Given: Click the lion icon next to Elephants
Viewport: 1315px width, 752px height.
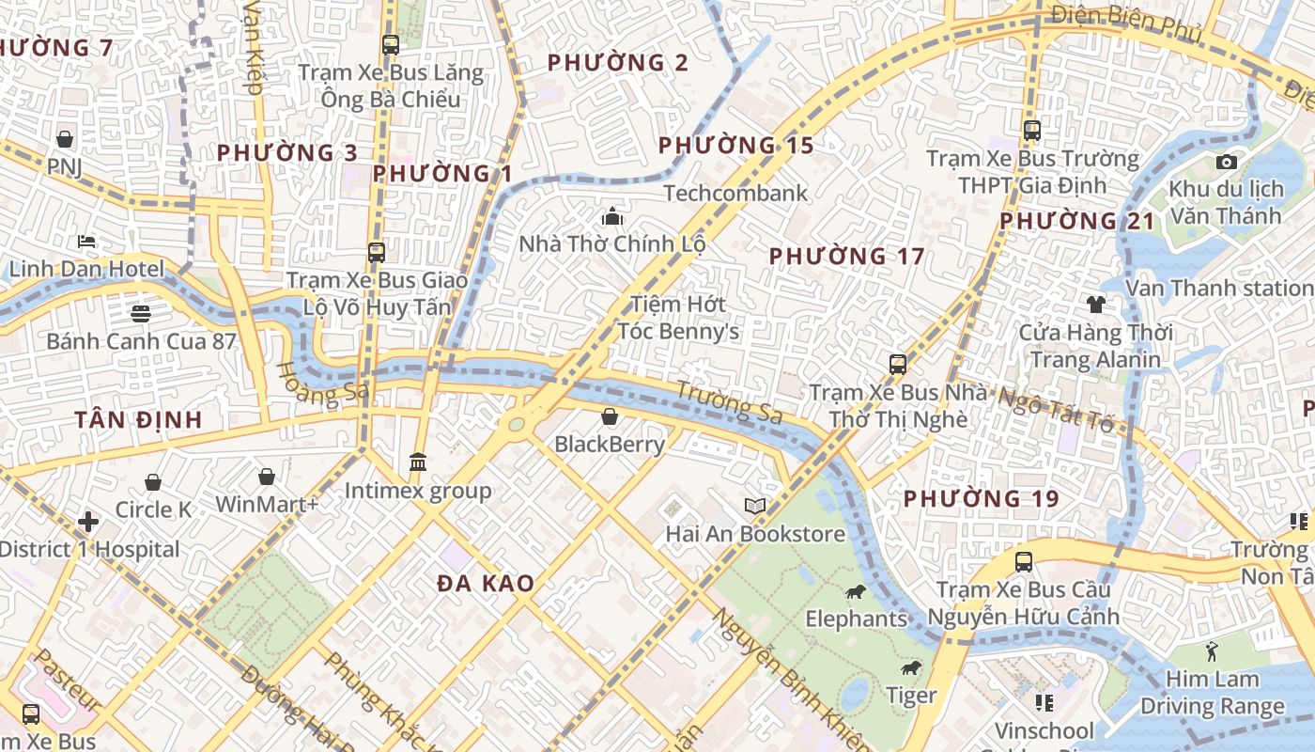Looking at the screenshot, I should tap(855, 591).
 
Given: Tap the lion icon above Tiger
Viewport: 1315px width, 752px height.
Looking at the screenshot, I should tap(910, 668).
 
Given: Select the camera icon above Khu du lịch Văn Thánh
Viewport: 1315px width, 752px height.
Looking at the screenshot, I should tap(1226, 162).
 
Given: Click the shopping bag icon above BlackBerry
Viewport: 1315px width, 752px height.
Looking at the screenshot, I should tap(610, 416).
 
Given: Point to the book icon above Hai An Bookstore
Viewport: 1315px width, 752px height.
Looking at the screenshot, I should tap(755, 507).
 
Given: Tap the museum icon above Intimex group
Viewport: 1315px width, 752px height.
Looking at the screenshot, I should tap(418, 462).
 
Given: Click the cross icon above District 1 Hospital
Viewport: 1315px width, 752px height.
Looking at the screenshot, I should tap(88, 521).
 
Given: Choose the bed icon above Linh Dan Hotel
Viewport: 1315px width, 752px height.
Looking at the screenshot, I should tap(86, 242).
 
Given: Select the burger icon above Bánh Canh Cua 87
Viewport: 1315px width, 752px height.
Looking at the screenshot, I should tap(141, 313).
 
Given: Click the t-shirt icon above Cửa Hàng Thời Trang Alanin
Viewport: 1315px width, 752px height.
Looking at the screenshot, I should tap(1095, 305).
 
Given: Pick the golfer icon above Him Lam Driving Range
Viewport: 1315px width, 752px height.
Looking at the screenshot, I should tap(1212, 650).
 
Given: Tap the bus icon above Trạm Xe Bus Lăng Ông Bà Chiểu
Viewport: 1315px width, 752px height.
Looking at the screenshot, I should tap(390, 44).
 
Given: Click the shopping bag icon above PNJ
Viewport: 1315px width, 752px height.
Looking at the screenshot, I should tap(65, 139).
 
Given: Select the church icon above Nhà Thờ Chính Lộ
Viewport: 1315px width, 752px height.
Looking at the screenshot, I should tap(612, 217).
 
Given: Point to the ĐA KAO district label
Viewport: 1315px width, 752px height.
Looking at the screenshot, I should tap(486, 584).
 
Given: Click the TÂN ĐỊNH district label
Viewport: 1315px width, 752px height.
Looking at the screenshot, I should tap(138, 420).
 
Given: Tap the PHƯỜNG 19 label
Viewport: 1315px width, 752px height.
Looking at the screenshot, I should tap(982, 499).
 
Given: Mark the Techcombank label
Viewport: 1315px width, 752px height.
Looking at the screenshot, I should tap(735, 194).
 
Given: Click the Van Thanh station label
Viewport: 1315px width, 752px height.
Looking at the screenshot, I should tap(1219, 288).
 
